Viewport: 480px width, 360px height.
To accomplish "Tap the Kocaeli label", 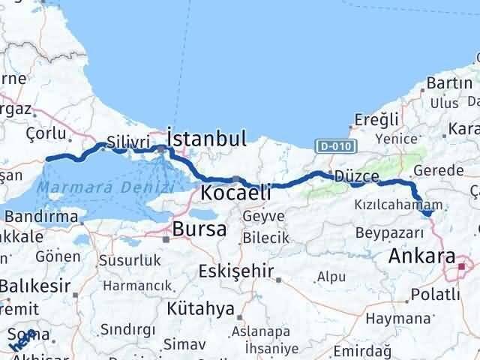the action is pyautogui.click(x=235, y=193).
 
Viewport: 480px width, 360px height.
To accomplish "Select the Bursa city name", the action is pyautogui.click(x=199, y=229).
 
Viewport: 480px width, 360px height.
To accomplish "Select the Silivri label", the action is pyautogui.click(x=123, y=141).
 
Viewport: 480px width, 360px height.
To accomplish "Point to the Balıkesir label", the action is pyautogui.click(x=35, y=286).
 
